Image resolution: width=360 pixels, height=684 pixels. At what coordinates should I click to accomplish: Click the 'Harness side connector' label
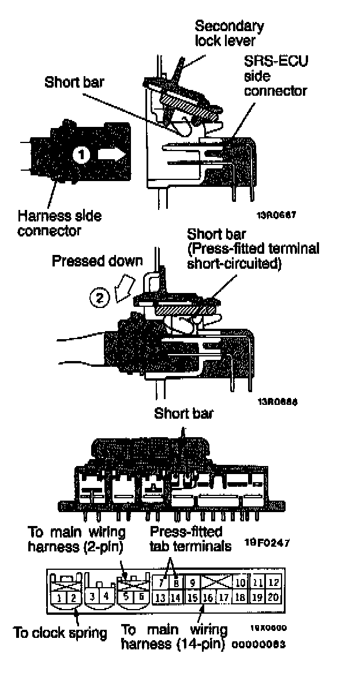59,223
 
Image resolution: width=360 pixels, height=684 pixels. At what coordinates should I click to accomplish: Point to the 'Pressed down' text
97,261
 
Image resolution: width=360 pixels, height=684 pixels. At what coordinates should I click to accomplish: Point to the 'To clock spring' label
61,633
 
